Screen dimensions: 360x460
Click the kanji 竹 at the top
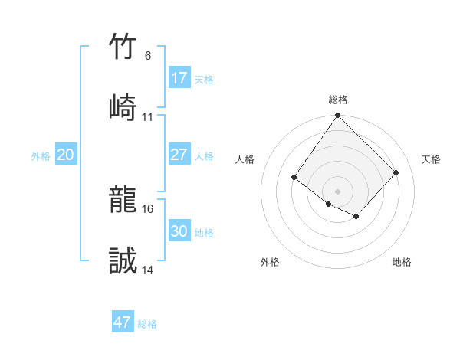pyautogui.click(x=123, y=47)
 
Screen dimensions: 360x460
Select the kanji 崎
pyautogui.click(x=123, y=106)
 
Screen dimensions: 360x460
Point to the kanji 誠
pyautogui.click(x=123, y=261)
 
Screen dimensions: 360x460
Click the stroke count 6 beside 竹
pyautogui.click(x=147, y=56)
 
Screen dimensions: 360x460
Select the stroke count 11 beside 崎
pyautogui.click(x=147, y=116)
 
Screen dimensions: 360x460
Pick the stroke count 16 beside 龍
pyautogui.click(x=147, y=208)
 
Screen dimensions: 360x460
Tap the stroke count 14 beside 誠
pyautogui.click(x=147, y=270)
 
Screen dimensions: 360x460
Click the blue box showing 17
pyautogui.click(x=179, y=77)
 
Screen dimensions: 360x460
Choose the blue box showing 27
pyautogui.click(x=179, y=155)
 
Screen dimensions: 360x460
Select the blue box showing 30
pyautogui.click(x=179, y=231)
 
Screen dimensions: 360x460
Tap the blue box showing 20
pyautogui.click(x=66, y=155)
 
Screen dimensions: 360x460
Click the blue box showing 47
pyautogui.click(x=123, y=322)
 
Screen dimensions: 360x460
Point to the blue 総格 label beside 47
pyautogui.click(x=147, y=324)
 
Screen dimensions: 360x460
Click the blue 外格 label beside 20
pyautogui.click(x=41, y=156)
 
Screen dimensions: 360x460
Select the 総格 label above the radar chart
pyautogui.click(x=338, y=100)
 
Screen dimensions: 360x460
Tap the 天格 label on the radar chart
pyautogui.click(x=431, y=159)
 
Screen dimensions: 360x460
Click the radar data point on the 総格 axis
pyautogui.click(x=338, y=116)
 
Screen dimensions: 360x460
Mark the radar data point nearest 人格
pyautogui.click(x=294, y=178)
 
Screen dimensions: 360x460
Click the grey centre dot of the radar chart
pyautogui.click(x=338, y=191)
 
